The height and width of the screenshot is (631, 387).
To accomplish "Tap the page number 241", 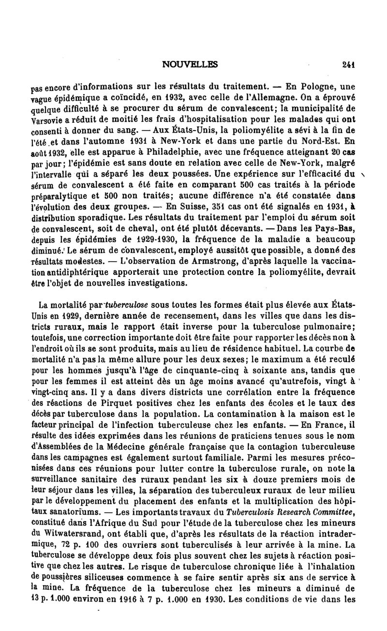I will [x=348, y=63].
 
